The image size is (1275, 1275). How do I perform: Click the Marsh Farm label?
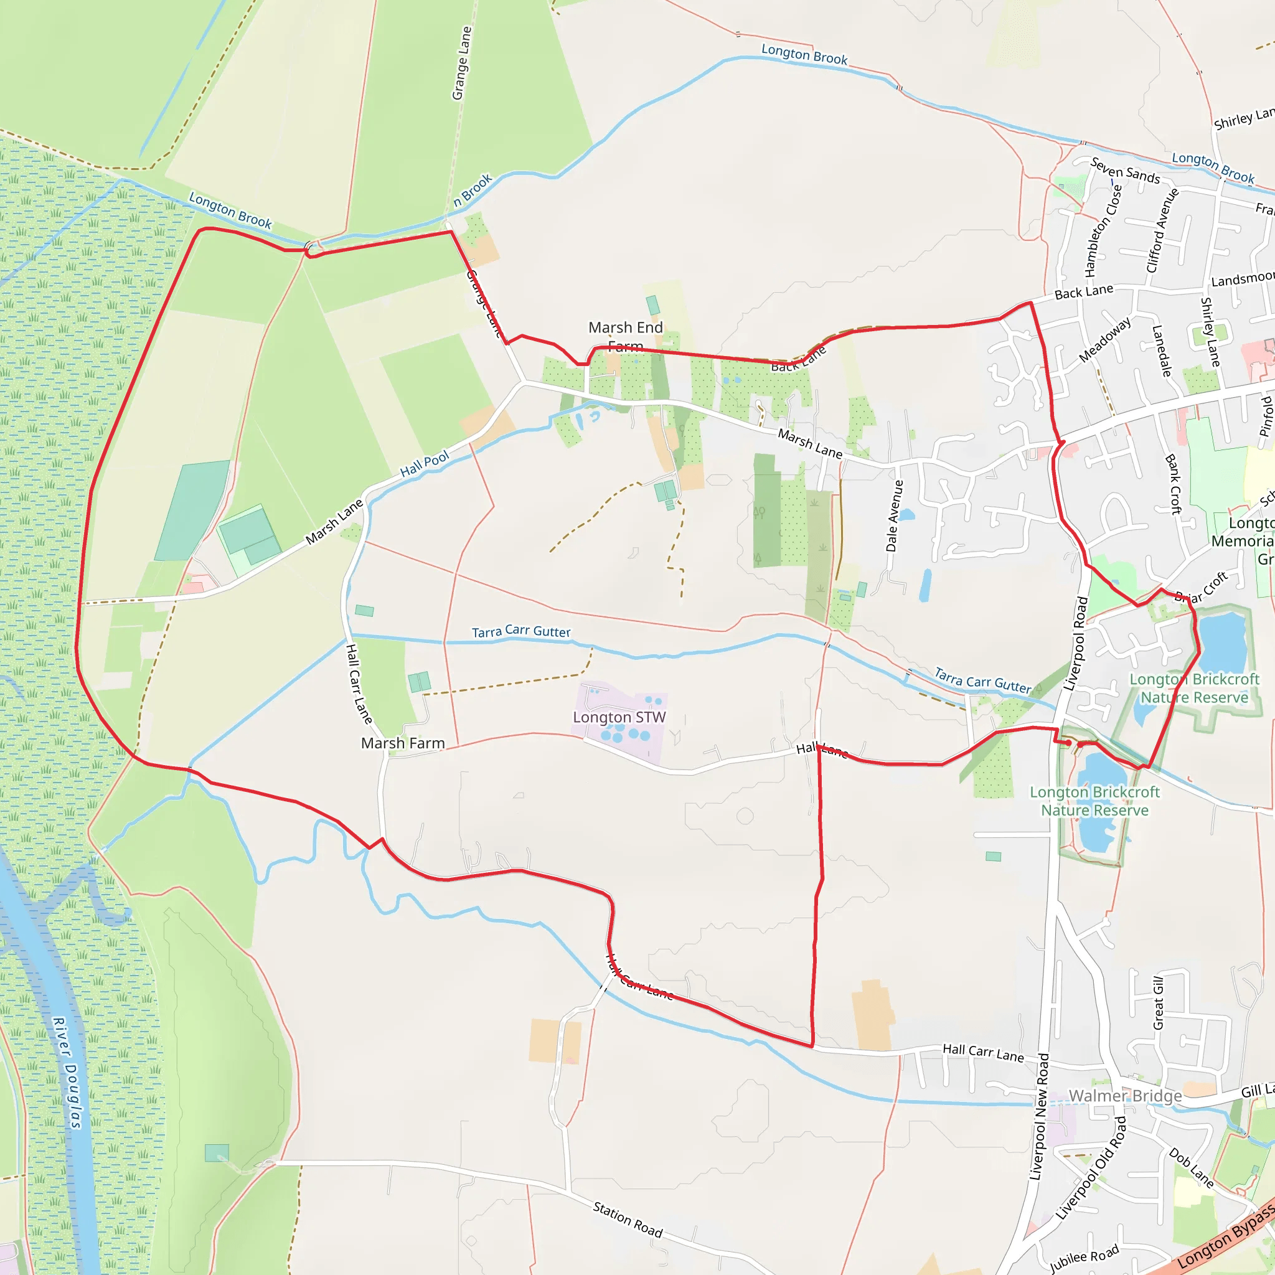point(403,743)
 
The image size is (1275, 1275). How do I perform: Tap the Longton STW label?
point(619,717)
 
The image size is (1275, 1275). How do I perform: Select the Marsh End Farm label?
point(625,337)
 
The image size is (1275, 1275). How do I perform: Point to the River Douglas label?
point(67,1073)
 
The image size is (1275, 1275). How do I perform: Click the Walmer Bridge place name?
point(1125,1096)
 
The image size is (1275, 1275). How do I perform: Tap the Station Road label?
point(628,1219)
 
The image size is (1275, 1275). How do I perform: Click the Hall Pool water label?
point(425,464)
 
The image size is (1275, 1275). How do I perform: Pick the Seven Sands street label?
point(1124,170)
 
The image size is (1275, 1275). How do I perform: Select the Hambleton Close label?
point(1103,231)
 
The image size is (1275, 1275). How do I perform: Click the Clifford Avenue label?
point(1162,231)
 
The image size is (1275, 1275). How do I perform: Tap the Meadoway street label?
point(1105,339)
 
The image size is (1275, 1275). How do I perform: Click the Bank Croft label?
point(1173,484)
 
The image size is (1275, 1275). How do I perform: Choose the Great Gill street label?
point(1158,1002)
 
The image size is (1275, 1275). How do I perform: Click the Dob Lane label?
point(1191,1167)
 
